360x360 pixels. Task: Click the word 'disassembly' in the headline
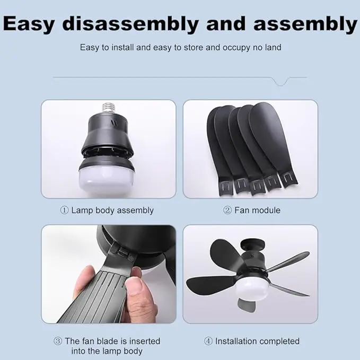(130, 24)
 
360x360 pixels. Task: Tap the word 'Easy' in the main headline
(29, 24)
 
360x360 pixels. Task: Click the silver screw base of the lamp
(109, 109)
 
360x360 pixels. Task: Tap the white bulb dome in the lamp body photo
(107, 180)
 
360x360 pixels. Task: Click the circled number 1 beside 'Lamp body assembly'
(65, 210)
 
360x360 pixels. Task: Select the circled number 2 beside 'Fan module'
(227, 210)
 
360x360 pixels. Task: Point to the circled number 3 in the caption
(58, 341)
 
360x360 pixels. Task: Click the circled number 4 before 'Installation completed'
(208, 341)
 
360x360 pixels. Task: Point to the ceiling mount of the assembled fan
(252, 245)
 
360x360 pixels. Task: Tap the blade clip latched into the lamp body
(122, 251)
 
